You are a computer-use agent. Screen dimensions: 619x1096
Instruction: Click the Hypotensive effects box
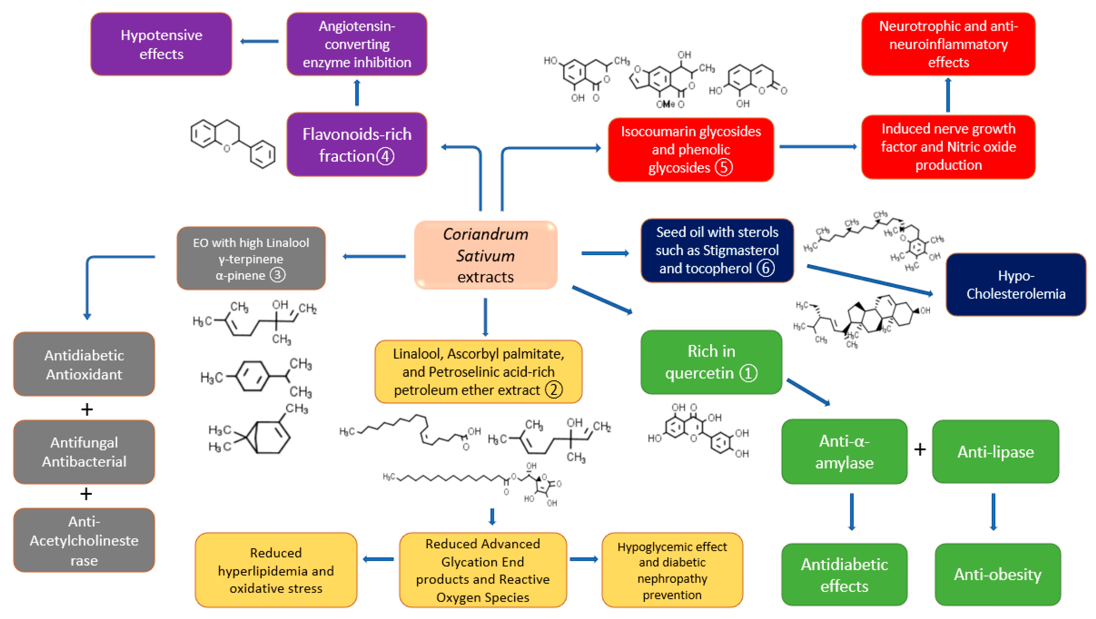tap(161, 44)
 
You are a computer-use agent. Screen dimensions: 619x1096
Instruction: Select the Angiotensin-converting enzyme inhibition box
tap(357, 44)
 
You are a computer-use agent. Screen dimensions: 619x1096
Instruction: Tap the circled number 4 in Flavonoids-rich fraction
tap(385, 156)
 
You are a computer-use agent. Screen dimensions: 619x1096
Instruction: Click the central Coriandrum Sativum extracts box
tap(485, 255)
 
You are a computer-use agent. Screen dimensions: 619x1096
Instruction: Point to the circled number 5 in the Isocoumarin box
tap(723, 167)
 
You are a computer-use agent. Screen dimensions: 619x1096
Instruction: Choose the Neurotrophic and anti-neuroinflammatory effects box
tap(948, 44)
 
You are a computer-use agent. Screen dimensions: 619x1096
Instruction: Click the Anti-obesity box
tap(997, 574)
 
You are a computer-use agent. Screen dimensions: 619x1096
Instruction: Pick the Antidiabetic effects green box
tap(844, 574)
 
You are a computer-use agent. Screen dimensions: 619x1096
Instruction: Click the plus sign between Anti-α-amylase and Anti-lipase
tap(920, 449)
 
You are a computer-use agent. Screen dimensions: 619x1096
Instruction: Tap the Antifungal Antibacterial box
tap(84, 452)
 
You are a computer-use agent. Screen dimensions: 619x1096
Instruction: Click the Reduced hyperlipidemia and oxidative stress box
tap(276, 570)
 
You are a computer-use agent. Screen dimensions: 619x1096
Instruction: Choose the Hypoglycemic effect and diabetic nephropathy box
tap(672, 570)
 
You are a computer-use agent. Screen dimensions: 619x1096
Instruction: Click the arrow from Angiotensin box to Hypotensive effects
tap(259, 41)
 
